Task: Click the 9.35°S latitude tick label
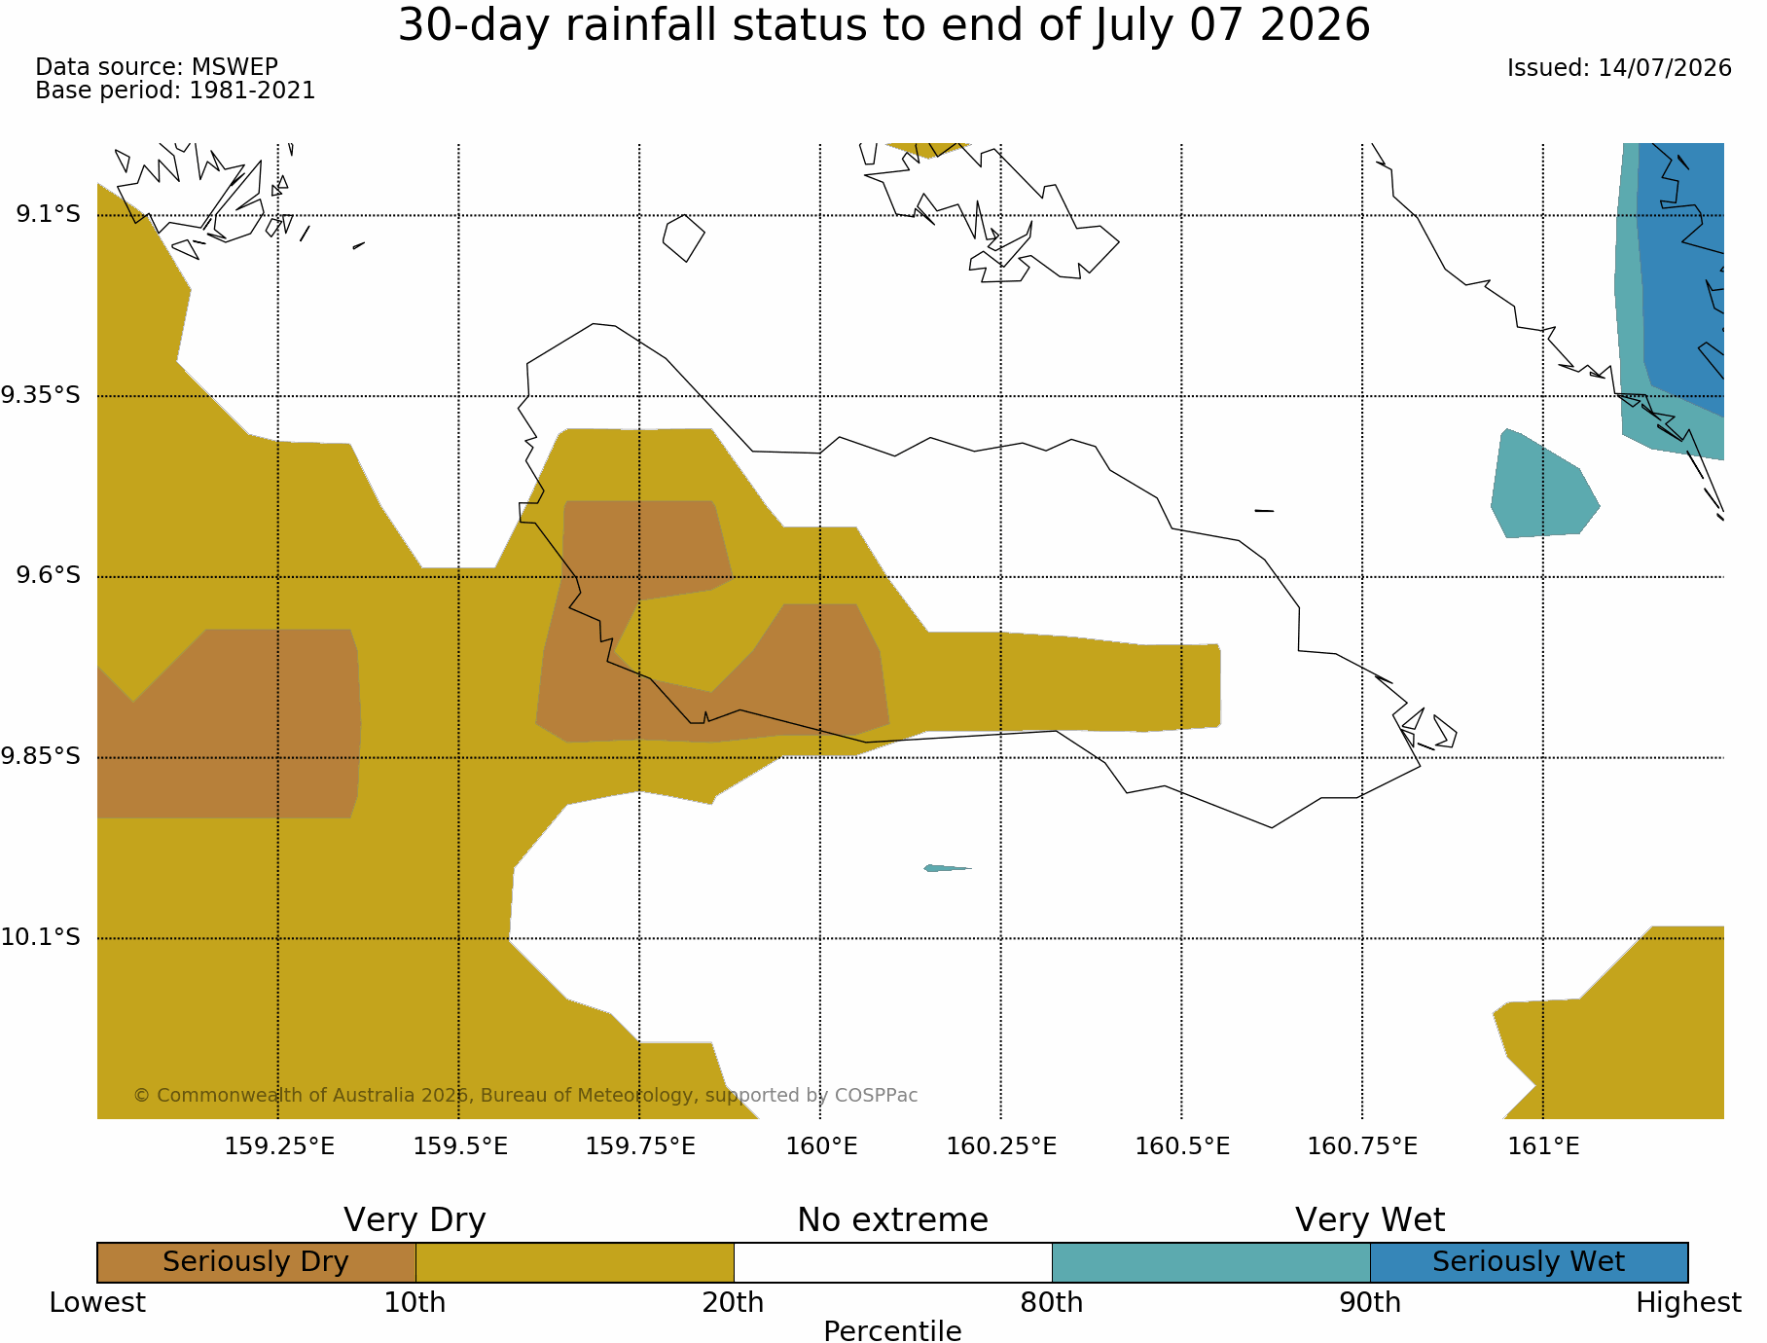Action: [x=41, y=395]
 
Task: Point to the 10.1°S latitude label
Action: [x=41, y=937]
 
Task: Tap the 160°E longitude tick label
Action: [x=821, y=1145]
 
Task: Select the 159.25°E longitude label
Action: [x=279, y=1145]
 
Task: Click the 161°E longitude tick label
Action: [x=1543, y=1145]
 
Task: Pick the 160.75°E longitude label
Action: [x=1362, y=1145]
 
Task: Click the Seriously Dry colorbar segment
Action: [x=257, y=1262]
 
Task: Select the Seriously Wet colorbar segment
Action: [x=1529, y=1262]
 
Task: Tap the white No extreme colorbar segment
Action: [x=892, y=1262]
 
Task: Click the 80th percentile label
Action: [x=1052, y=1302]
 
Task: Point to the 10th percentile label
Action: [x=415, y=1302]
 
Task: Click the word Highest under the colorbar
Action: [x=1688, y=1302]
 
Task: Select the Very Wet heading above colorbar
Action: [x=1370, y=1219]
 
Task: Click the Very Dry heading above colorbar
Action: [x=415, y=1219]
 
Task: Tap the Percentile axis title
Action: [x=892, y=1331]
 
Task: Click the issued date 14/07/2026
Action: [x=1665, y=68]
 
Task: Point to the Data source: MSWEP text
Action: [x=157, y=67]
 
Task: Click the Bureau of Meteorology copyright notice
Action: [x=525, y=1095]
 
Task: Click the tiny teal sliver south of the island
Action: [x=946, y=868]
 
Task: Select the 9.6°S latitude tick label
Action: [x=48, y=575]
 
